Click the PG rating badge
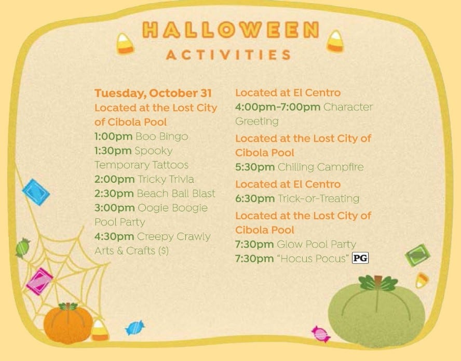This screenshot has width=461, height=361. [x=360, y=258]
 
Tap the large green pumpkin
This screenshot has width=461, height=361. [x=376, y=311]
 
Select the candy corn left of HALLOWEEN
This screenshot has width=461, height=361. [x=125, y=44]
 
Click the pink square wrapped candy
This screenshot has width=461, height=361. [x=39, y=281]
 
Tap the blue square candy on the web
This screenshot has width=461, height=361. [x=36, y=192]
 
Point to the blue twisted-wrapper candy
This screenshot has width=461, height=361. [x=134, y=327]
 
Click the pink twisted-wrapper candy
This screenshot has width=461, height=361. [x=321, y=334]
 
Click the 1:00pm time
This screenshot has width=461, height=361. [x=114, y=137]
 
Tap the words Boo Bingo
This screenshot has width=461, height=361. [x=161, y=136]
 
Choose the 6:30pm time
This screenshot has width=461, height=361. [x=255, y=198]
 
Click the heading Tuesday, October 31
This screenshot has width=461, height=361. [x=153, y=93]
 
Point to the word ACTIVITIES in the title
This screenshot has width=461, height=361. [x=228, y=55]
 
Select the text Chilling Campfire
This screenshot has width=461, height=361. [x=321, y=167]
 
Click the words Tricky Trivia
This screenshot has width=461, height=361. [x=166, y=179]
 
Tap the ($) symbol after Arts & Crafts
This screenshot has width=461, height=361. [x=163, y=251]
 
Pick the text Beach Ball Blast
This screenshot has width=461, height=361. [x=176, y=194]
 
